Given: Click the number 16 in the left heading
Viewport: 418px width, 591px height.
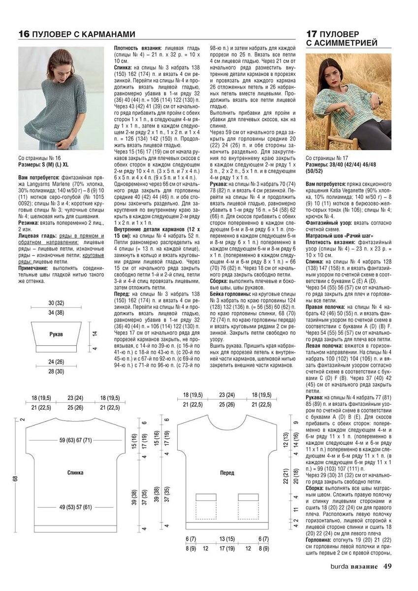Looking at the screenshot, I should (x=24, y=34).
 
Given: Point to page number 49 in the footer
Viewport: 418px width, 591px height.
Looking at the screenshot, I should (x=387, y=566).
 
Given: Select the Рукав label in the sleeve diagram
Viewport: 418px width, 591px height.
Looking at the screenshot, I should (x=56, y=334).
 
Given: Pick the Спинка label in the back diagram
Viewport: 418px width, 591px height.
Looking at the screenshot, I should (x=75, y=472).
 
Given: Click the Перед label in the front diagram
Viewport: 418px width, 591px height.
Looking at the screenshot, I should (x=227, y=472).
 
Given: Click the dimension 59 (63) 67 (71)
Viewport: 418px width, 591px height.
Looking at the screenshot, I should (x=75, y=440).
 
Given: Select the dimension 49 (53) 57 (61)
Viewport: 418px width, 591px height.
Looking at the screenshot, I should (x=75, y=507).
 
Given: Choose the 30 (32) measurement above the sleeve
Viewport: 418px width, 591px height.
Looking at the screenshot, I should (x=56, y=303).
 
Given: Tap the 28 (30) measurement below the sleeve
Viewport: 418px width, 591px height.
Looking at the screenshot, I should (x=56, y=371).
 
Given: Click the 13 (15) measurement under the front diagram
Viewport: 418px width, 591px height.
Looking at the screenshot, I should (x=227, y=538).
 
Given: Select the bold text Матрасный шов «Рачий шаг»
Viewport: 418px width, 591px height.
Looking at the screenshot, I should (x=339, y=236).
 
